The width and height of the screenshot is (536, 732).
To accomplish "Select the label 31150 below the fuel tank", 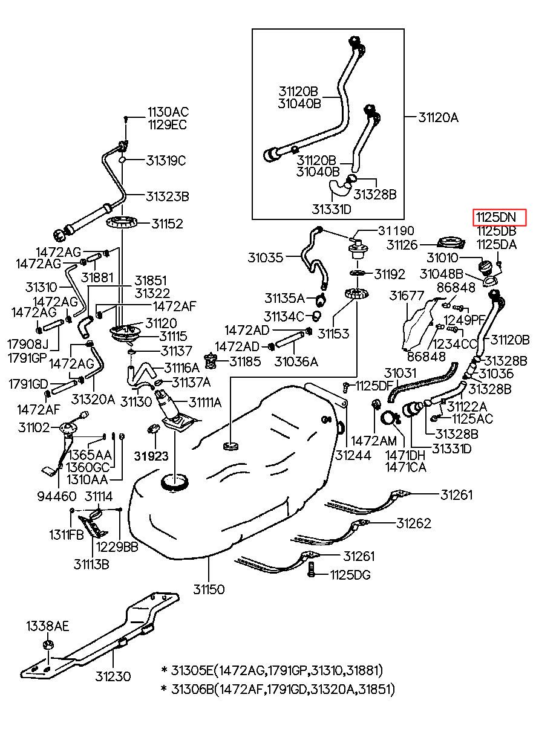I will pyautogui.click(x=209, y=588).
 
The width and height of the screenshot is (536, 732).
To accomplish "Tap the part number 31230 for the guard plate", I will pyautogui.click(x=114, y=676).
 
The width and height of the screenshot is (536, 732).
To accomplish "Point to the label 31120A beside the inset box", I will pyautogui.click(x=438, y=118).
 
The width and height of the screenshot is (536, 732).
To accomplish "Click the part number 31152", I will pyautogui.click(x=167, y=224).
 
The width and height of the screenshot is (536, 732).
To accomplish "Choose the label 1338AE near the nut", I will pyautogui.click(x=47, y=626).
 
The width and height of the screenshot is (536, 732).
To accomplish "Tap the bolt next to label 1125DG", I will pyautogui.click(x=312, y=569).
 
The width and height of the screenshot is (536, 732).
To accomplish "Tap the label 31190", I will pyautogui.click(x=396, y=232).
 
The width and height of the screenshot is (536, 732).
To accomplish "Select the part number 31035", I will pyautogui.click(x=265, y=257).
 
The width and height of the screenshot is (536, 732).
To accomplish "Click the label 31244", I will pyautogui.click(x=354, y=455).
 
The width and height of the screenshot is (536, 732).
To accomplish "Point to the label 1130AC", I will pyautogui.click(x=168, y=112).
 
